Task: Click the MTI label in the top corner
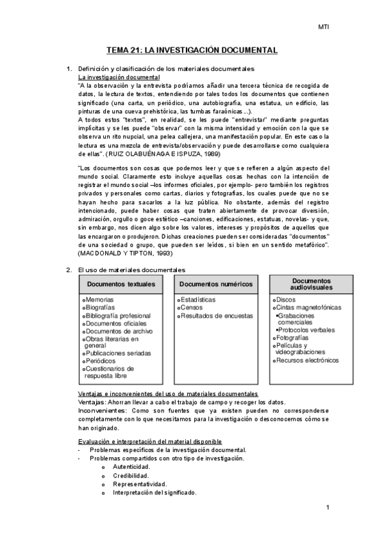point(324,27)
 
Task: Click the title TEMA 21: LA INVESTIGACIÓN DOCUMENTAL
point(191,49)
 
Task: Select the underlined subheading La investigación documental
point(119,77)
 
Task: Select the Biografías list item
point(101,307)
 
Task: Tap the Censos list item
point(191,307)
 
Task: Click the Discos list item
point(285,299)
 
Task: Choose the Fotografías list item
point(292,337)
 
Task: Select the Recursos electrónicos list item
point(306,361)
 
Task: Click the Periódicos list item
point(101,361)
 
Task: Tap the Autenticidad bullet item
point(131,467)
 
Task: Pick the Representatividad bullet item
point(140,484)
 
